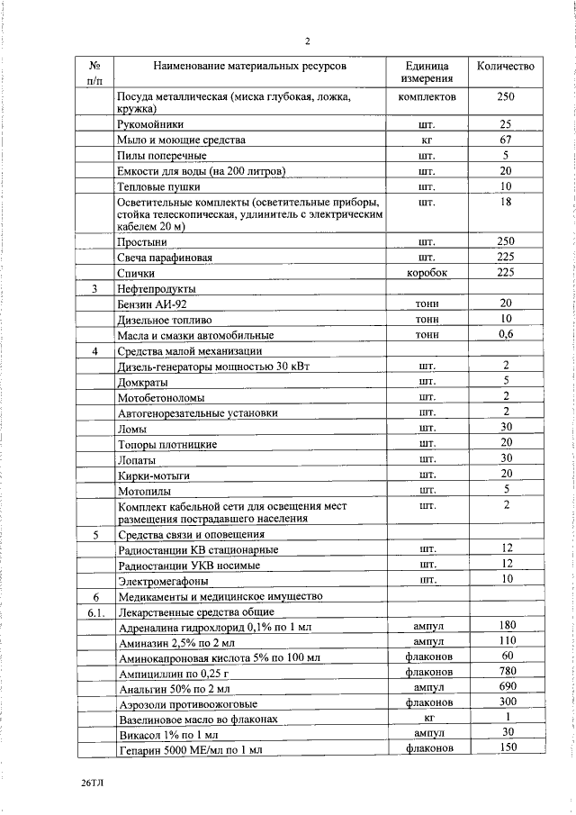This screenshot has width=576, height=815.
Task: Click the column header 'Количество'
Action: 505,67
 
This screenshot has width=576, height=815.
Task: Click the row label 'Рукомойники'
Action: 150,125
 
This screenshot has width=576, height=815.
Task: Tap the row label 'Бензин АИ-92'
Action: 151,304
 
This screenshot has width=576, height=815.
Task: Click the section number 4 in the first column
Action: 94,350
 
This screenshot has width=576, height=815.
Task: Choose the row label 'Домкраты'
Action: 144,382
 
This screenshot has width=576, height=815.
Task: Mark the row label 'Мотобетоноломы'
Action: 161,397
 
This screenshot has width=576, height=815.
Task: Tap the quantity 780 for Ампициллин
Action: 506,672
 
